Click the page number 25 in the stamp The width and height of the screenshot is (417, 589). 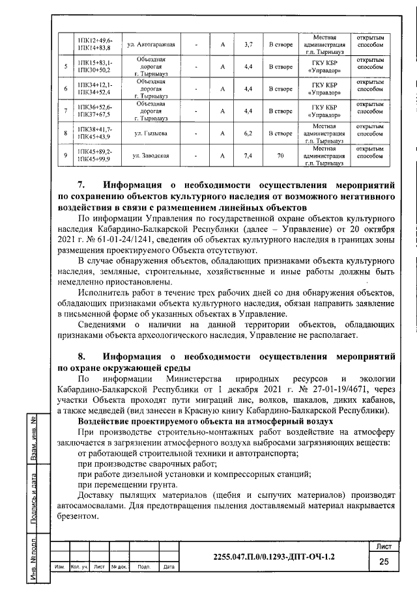[x=383, y=562]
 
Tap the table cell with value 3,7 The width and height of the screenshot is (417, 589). [x=248, y=44]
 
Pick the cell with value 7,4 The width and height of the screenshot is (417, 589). [x=248, y=156]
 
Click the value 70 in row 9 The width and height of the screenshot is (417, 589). [x=281, y=156]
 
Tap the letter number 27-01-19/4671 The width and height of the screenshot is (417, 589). [x=351, y=390]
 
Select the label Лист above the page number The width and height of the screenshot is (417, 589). [x=383, y=545]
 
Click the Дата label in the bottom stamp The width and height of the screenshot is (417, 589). [x=168, y=568]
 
